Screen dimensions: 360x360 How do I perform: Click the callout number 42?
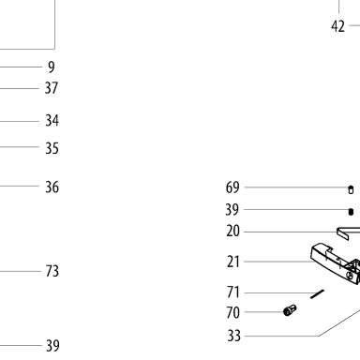pyautogui.click(x=337, y=26)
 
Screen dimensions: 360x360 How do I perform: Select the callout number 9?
pyautogui.click(x=52, y=67)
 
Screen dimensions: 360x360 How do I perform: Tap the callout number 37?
pyautogui.click(x=52, y=88)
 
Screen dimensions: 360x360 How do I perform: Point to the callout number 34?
pyautogui.click(x=52, y=120)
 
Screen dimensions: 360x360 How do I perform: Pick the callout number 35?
pyautogui.click(x=52, y=148)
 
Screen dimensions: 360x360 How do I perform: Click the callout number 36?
pyautogui.click(x=52, y=187)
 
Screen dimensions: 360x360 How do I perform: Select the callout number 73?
pyautogui.click(x=52, y=271)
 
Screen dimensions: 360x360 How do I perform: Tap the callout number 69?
pyautogui.click(x=232, y=187)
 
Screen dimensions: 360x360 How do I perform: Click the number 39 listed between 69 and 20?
pyautogui.click(x=232, y=210)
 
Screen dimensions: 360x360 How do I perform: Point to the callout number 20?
pyautogui.click(x=232, y=232)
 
